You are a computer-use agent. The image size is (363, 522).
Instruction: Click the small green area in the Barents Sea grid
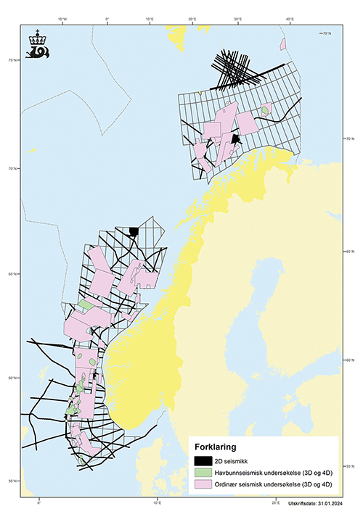tap(266, 110)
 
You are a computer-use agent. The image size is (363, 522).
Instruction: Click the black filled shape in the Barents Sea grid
tap(234, 139)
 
